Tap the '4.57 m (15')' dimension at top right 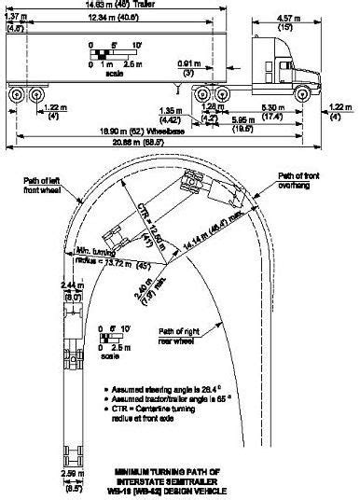pos(290,20)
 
